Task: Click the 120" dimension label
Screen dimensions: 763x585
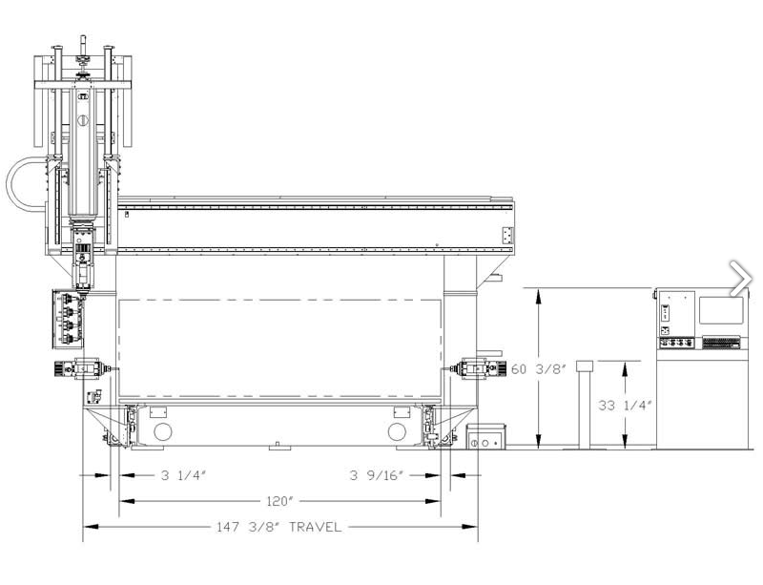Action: click(278, 501)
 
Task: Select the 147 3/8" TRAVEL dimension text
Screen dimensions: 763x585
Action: click(278, 527)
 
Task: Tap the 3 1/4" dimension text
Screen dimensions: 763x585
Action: click(184, 475)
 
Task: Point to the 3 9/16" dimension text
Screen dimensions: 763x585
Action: click(377, 475)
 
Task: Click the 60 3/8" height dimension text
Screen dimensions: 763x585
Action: click(539, 369)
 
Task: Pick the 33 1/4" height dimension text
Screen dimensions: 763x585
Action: click(626, 406)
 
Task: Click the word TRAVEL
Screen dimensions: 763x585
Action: click(316, 527)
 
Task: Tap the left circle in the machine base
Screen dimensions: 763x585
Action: click(162, 432)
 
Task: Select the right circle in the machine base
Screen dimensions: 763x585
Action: click(397, 432)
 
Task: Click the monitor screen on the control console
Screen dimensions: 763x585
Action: click(721, 310)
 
